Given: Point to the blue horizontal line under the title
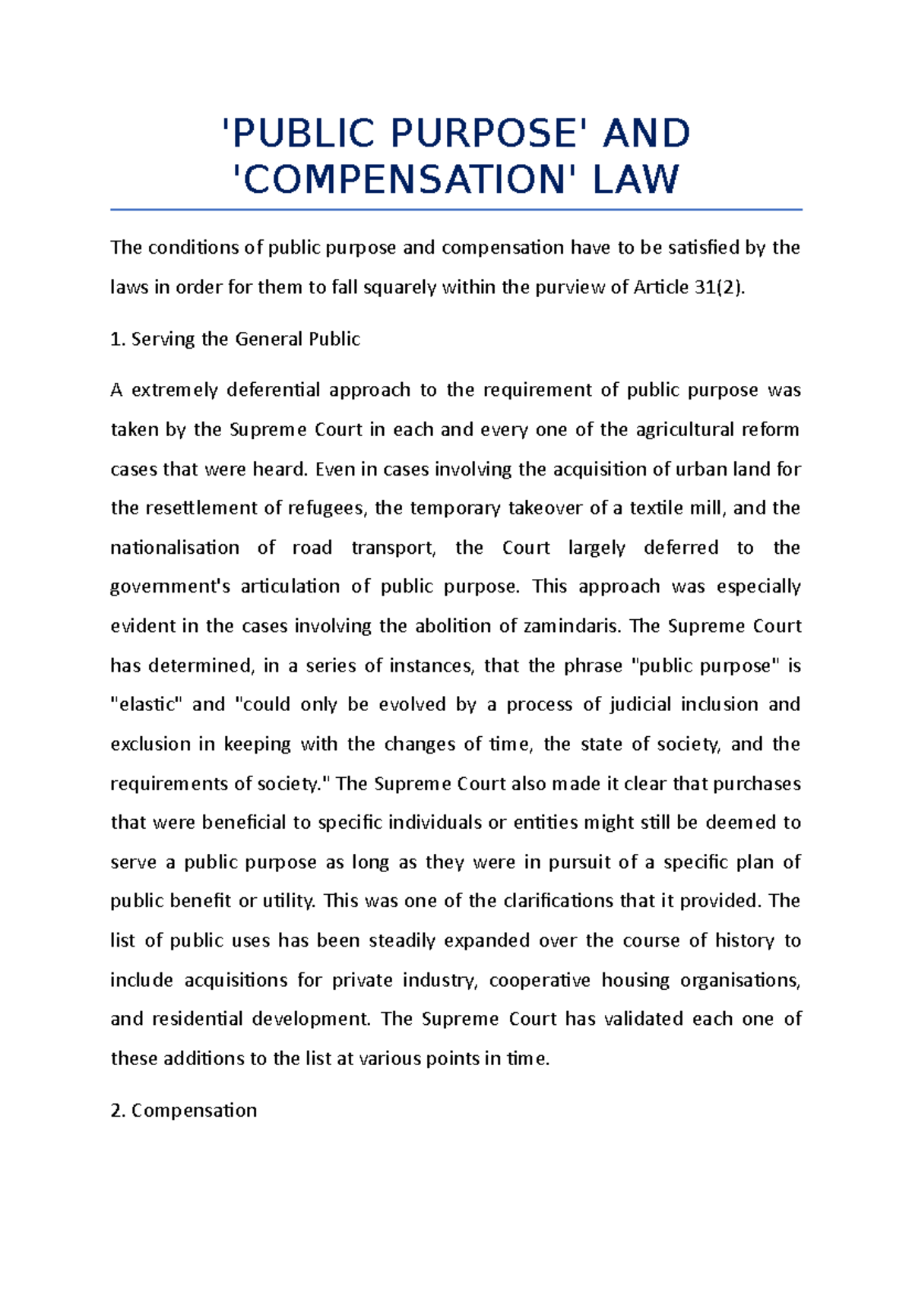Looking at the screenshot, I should (456, 209).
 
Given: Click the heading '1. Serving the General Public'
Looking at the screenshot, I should (235, 339).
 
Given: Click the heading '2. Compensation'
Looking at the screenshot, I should (183, 1110).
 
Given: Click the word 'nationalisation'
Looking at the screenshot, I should (175, 548).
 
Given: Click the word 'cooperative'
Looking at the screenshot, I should (540, 980).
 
